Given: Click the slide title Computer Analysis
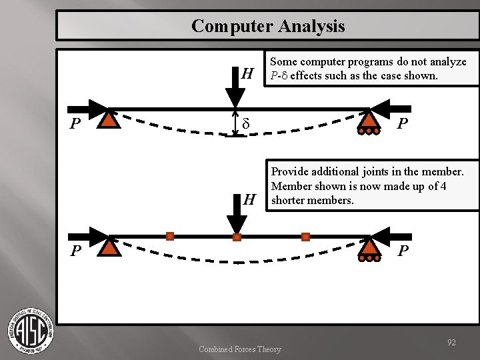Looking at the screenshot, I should click(x=268, y=26).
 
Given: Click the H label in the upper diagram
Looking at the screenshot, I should click(x=247, y=73).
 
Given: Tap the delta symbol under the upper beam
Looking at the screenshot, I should click(x=245, y=125).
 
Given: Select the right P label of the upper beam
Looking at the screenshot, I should click(x=402, y=125).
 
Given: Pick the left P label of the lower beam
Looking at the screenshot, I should click(x=77, y=251).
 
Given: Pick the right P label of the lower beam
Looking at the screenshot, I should click(x=403, y=251).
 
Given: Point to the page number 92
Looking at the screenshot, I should click(x=451, y=343).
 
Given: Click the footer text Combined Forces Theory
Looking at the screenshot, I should click(x=240, y=349).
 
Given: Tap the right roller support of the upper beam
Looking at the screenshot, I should click(x=368, y=121).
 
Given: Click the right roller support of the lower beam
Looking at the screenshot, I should click(x=368, y=248).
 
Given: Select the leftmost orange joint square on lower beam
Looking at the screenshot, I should click(x=170, y=236).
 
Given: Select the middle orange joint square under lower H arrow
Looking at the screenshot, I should click(x=237, y=237).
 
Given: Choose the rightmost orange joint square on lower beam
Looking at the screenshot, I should click(x=305, y=237).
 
